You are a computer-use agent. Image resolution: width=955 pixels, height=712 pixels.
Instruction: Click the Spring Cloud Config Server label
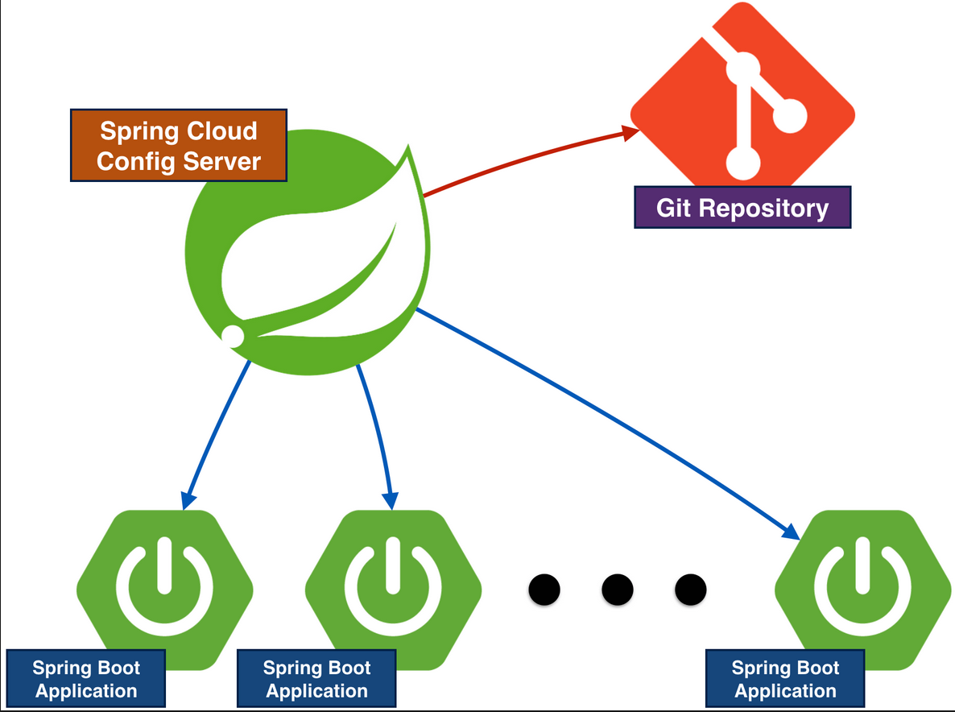coord(179,146)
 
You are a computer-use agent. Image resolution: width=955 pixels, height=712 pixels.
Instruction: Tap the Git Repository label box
coord(742,208)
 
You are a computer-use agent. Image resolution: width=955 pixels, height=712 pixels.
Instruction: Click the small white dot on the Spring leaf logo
coord(233,336)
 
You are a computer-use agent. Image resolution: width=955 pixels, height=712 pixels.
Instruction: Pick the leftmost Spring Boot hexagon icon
coord(164,590)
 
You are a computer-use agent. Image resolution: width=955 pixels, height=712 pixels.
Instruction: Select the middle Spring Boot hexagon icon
coord(394,590)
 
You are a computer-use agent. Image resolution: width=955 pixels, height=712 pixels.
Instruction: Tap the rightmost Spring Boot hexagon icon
coord(862,590)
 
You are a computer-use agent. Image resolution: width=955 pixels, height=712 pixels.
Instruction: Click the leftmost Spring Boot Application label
coord(86,678)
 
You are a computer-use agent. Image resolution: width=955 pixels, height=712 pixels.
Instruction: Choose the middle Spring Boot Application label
coord(316,678)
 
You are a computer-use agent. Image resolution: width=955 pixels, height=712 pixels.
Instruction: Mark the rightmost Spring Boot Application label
coord(785,678)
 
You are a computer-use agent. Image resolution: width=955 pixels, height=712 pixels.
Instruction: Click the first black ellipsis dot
coord(544,590)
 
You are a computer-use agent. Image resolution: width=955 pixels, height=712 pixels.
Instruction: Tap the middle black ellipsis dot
coord(618,590)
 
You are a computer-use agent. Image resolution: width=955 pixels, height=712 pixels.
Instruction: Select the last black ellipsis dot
coord(691,590)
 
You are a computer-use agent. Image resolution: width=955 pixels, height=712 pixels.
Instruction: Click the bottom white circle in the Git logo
coord(743,164)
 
